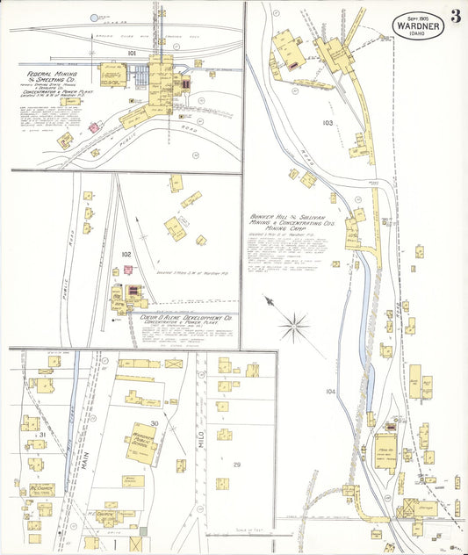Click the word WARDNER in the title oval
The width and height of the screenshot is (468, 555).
coord(417,26)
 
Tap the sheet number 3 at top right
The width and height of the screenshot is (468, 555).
coord(456,16)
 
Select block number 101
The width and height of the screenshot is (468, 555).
coord(132,54)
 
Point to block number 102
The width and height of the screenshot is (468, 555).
coord(126,255)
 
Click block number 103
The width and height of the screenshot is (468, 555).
coord(328,122)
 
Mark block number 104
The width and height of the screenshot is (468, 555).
coord(330,391)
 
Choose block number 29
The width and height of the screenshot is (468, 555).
coord(236,463)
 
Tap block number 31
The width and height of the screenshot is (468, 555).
coord(41,435)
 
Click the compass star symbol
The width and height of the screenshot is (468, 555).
coord(293,328)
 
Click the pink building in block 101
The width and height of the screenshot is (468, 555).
coord(93,127)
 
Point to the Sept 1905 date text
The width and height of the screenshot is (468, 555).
coord(419,17)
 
